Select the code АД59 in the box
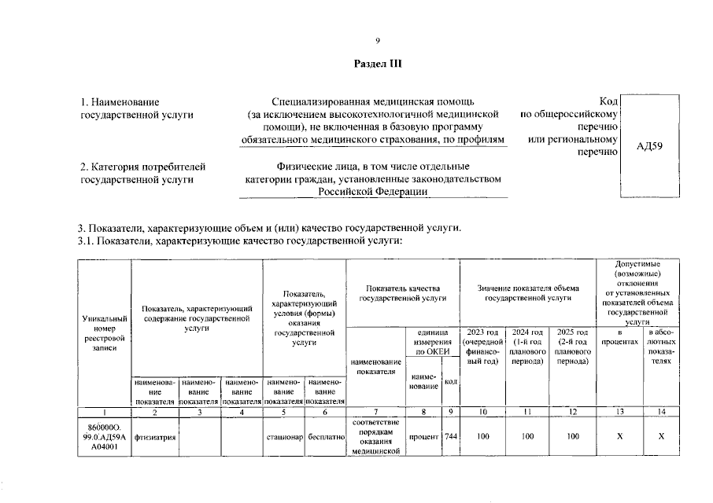coord(649,145)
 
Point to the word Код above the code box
coord(607,103)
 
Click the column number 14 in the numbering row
coord(661,412)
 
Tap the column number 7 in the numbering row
coord(376,412)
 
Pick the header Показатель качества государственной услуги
coord(402,292)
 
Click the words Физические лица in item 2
coord(309,167)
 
